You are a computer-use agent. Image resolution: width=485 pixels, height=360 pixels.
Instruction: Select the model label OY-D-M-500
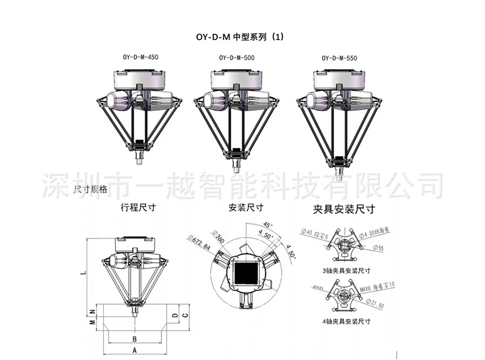tap(236, 58)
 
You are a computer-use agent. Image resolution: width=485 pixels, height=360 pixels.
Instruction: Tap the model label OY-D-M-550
tap(339, 58)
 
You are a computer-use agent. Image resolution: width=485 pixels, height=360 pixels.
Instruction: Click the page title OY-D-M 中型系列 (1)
tap(236, 37)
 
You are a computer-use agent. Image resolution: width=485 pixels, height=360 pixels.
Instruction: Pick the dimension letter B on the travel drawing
tap(134, 338)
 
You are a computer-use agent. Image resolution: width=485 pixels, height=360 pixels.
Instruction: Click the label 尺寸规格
tap(90, 189)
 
